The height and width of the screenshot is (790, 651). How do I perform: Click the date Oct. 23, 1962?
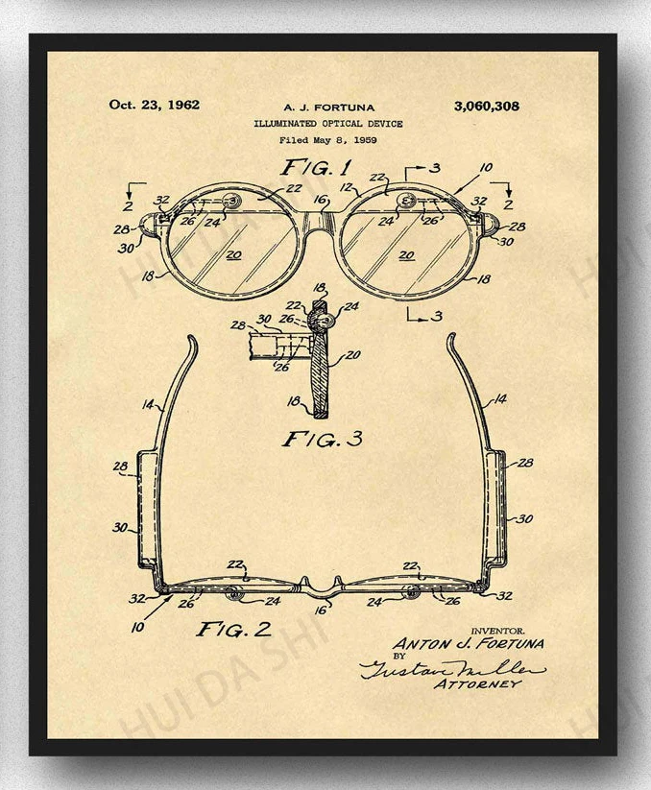pyautogui.click(x=155, y=105)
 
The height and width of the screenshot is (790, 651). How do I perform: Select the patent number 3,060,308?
pyautogui.click(x=486, y=106)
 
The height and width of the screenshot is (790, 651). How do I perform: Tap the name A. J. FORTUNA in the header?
pyautogui.click(x=329, y=108)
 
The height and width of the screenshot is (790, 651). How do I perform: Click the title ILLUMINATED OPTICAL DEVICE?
pyautogui.click(x=328, y=124)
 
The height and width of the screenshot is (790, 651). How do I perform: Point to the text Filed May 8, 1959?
pyautogui.click(x=328, y=140)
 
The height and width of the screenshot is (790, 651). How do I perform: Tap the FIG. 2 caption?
pyautogui.click(x=234, y=630)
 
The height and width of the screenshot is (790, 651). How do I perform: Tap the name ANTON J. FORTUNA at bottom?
pyautogui.click(x=468, y=643)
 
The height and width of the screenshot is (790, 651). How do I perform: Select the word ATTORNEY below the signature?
pyautogui.click(x=477, y=684)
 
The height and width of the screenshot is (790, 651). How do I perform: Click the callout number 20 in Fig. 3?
pyautogui.click(x=352, y=355)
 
